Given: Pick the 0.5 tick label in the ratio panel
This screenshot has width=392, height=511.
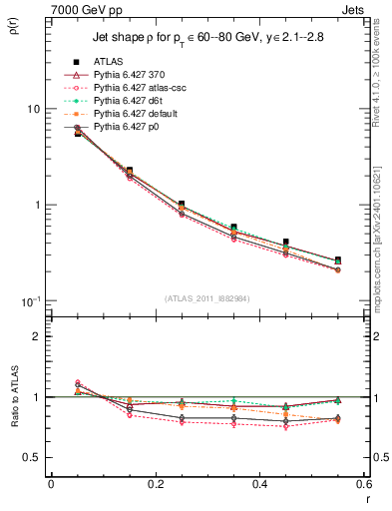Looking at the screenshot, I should tap(33, 457).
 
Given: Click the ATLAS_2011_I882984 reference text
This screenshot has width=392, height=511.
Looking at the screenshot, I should tap(206, 298).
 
